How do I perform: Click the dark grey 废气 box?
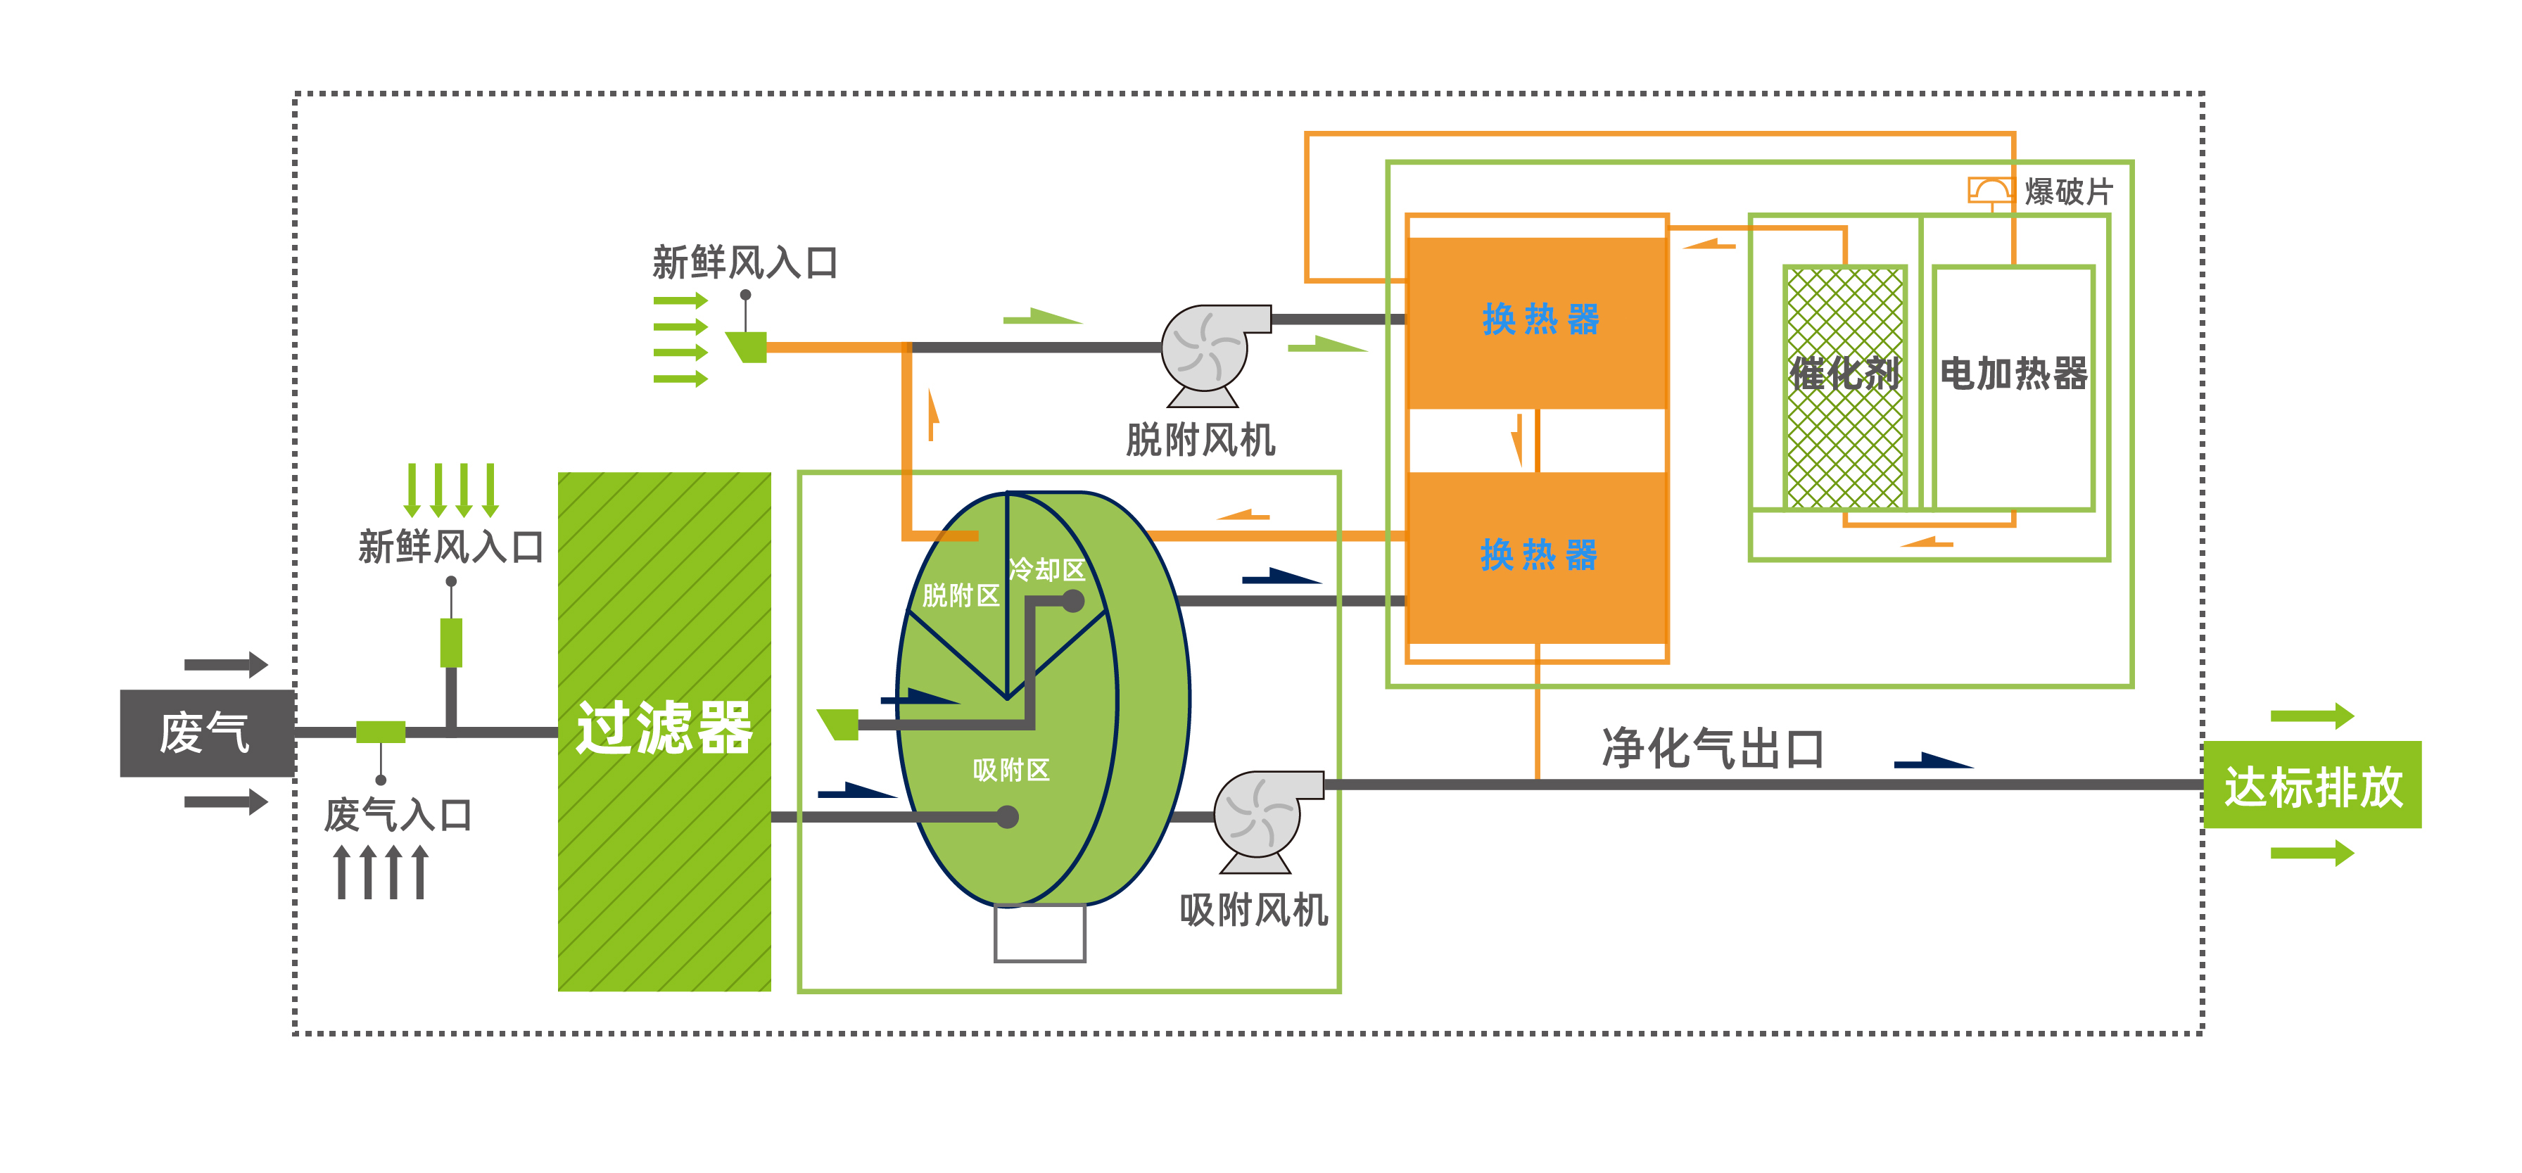(x=207, y=733)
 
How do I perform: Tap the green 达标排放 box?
(x=2312, y=785)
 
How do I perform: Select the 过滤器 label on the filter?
(x=664, y=728)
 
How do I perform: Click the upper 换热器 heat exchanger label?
(x=1540, y=319)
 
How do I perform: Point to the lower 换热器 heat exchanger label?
(x=1538, y=555)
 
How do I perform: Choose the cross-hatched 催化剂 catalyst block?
(x=1844, y=388)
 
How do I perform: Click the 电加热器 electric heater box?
(x=2014, y=388)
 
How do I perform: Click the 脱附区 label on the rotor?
(x=961, y=595)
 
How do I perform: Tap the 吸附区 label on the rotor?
(x=1011, y=771)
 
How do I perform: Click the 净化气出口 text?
(x=1712, y=749)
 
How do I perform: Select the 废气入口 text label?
(x=398, y=815)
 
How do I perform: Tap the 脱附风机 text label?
(x=1200, y=440)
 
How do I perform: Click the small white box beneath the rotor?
(x=1040, y=932)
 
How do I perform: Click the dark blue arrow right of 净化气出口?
(x=1934, y=761)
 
